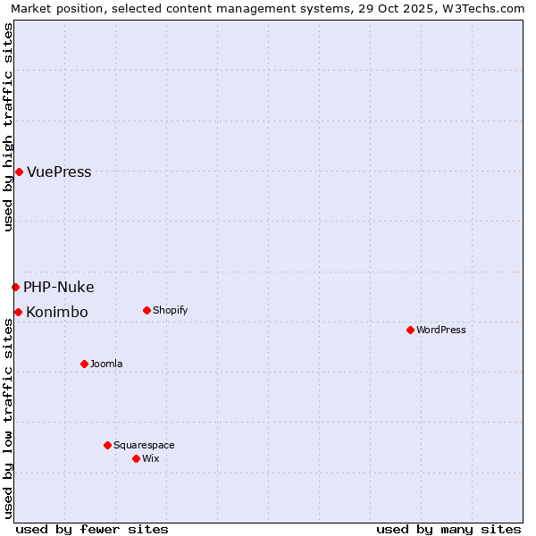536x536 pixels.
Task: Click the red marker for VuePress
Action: (x=19, y=172)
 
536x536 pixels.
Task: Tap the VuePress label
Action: (x=59, y=172)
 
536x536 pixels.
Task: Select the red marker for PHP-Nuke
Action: (x=15, y=287)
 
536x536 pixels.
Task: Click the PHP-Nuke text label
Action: (x=58, y=288)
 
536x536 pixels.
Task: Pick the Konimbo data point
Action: (x=18, y=312)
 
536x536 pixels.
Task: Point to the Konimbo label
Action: (x=57, y=313)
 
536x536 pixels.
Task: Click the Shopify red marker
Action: (x=147, y=310)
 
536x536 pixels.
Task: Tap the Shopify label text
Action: (x=170, y=311)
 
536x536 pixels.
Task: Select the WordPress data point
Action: (x=410, y=330)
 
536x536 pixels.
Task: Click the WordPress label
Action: (x=441, y=331)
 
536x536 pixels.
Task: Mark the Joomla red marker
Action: (x=84, y=364)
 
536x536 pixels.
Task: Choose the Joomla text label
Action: (x=106, y=364)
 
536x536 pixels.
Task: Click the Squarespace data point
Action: (x=107, y=445)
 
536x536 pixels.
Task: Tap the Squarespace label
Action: (x=144, y=446)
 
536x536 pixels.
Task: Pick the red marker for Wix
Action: (x=136, y=458)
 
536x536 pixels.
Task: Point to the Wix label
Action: (x=150, y=459)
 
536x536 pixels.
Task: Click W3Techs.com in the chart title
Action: (x=486, y=9)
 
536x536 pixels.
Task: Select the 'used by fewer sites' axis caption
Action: (x=92, y=529)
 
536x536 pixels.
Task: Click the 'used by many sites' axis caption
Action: (x=448, y=529)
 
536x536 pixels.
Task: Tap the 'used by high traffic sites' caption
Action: (x=8, y=127)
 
